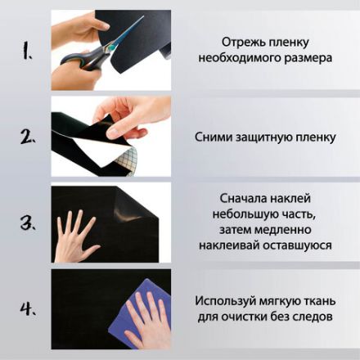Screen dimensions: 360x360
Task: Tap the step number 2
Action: [28, 137]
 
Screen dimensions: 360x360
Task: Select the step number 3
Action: [28, 222]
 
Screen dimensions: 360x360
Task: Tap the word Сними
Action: [216, 137]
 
